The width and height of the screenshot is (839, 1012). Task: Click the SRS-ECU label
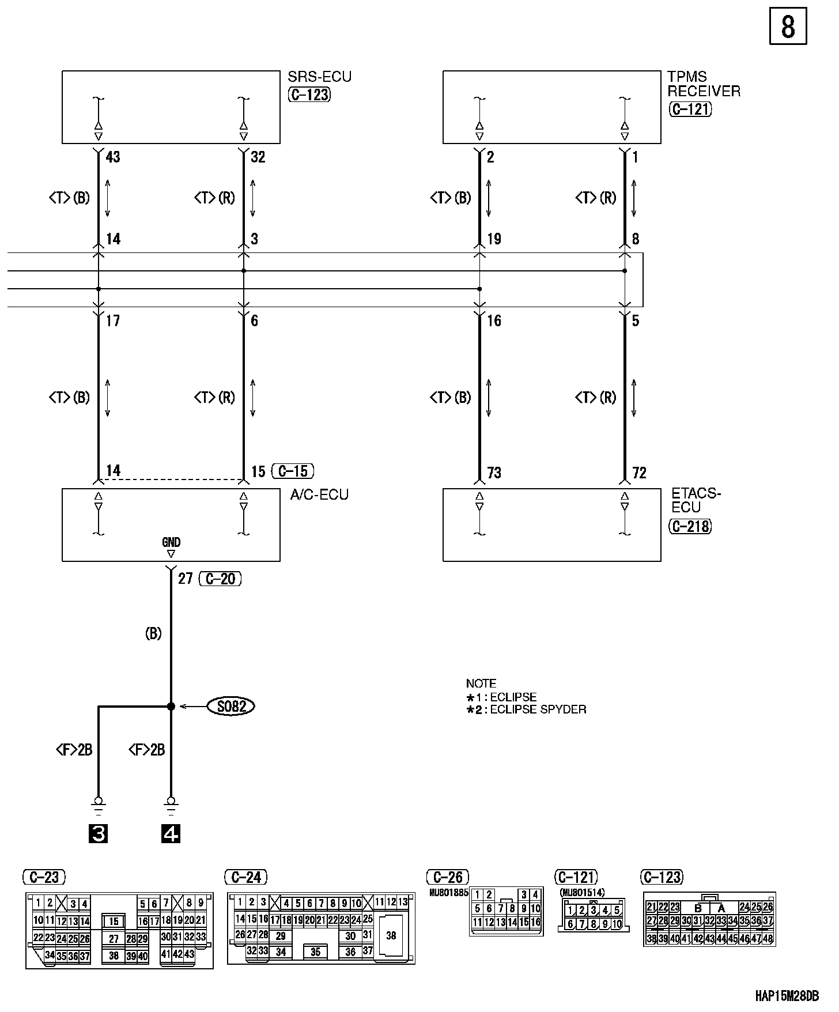[x=319, y=77]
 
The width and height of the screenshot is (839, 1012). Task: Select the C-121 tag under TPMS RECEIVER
[x=690, y=109]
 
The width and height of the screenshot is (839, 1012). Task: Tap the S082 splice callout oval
[x=231, y=706]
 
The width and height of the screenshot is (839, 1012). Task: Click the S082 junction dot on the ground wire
[x=171, y=706]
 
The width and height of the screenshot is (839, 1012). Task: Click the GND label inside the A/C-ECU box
[x=171, y=542]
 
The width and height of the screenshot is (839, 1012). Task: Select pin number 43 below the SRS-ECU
[x=113, y=157]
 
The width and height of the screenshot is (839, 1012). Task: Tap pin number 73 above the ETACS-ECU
[x=494, y=473]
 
